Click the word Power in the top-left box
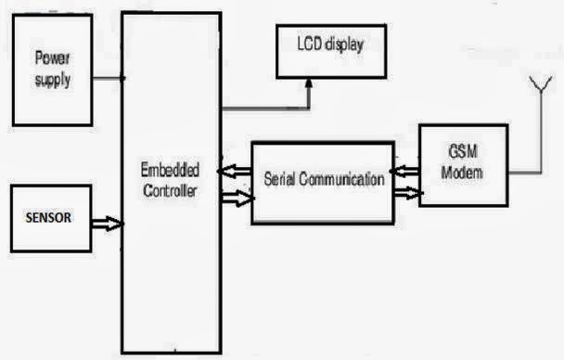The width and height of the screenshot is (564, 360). click(x=52, y=58)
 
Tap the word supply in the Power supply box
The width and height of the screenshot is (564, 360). click(x=53, y=80)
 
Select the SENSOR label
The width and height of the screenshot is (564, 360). click(x=48, y=218)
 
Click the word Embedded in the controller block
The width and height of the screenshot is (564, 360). click(x=170, y=170)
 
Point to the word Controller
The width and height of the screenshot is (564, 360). click(x=170, y=190)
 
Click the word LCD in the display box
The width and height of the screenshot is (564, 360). click(x=309, y=44)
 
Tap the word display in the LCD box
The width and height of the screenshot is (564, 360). click(x=344, y=45)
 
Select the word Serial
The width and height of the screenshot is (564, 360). click(x=279, y=179)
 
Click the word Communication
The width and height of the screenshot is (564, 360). click(x=341, y=179)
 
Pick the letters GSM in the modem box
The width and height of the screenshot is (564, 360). click(x=463, y=151)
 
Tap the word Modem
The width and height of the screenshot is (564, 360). click(x=462, y=173)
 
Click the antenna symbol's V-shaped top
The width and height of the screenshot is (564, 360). click(x=541, y=84)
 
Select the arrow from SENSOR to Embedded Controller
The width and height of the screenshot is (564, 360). click(x=108, y=224)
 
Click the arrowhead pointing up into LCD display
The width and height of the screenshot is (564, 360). click(x=309, y=84)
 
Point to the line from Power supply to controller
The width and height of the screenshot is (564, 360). click(x=109, y=78)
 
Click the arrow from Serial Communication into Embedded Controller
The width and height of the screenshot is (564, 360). click(x=235, y=172)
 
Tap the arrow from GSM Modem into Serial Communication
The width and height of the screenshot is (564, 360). click(x=405, y=172)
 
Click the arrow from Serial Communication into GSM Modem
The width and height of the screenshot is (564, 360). click(x=408, y=194)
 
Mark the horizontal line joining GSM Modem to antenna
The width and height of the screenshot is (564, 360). click(x=525, y=173)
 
